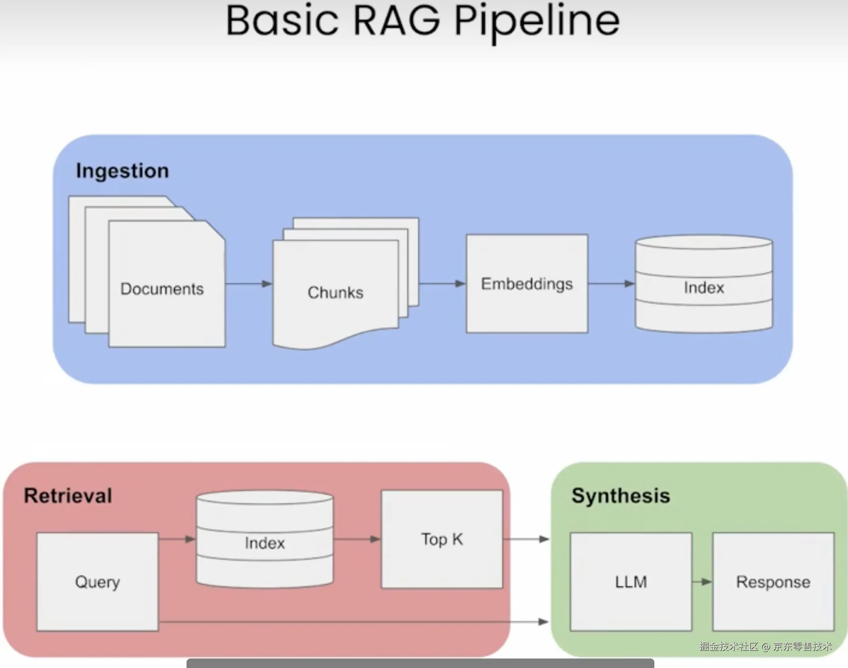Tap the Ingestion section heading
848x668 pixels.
point(122,171)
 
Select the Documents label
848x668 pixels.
point(162,289)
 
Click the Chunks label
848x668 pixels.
point(335,292)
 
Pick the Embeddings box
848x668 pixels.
point(527,283)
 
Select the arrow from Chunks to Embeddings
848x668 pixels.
point(442,283)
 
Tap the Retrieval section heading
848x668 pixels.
point(68,496)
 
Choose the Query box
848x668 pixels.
point(98,582)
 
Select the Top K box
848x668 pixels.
point(442,539)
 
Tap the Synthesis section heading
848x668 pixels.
point(621,496)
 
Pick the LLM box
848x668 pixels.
point(631,582)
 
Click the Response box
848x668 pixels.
point(773,582)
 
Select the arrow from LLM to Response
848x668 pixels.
point(702,582)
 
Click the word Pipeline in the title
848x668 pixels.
point(537,22)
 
